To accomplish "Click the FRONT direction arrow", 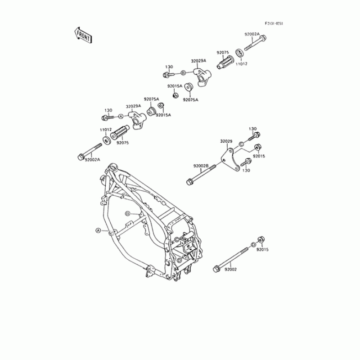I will coord(82,35).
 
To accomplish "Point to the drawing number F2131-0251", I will coord(274,23).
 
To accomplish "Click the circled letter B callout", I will coord(183,73).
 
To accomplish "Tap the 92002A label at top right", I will coord(252,34).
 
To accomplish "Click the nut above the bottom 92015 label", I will coord(261,239).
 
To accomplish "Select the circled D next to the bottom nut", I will coord(253,244).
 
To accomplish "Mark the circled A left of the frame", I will coord(98,230).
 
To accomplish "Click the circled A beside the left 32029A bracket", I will coord(120,117).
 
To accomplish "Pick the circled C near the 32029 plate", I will coord(241,144).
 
